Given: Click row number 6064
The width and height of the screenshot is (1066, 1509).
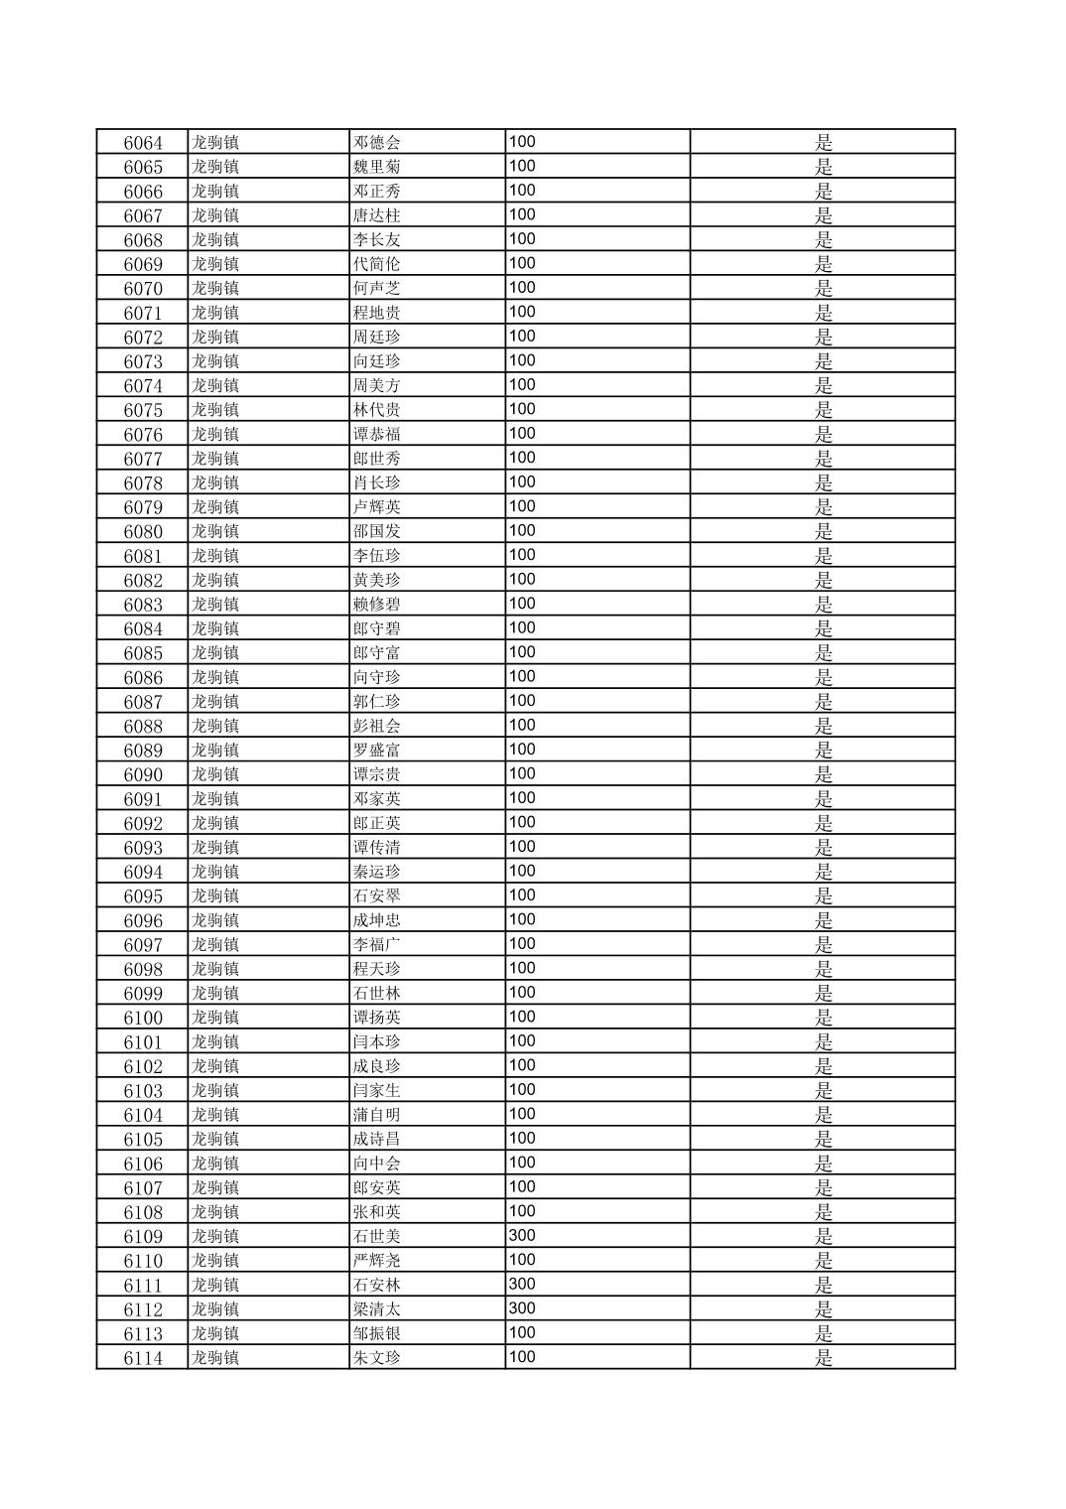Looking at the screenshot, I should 143,143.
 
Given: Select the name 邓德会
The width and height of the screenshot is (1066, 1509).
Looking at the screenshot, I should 377,143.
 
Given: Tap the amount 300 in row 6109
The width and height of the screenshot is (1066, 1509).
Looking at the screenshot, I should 522,1236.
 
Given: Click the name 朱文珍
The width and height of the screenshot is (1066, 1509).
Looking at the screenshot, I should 377,1358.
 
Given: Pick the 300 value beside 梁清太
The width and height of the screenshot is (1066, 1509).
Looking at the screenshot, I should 522,1308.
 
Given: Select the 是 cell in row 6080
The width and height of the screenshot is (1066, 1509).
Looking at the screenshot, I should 824,531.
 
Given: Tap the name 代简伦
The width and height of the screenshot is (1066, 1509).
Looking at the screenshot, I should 377,264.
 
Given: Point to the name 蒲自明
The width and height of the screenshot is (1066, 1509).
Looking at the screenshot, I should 377,1115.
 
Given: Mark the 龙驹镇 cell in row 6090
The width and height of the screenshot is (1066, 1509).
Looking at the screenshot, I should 215,774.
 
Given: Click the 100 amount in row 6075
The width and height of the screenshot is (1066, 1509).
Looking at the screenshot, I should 522,409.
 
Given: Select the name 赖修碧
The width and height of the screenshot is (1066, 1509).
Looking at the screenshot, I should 377,605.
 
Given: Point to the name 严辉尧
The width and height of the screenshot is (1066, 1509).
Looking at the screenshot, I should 377,1261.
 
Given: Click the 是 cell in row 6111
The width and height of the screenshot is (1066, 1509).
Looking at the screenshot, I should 824,1286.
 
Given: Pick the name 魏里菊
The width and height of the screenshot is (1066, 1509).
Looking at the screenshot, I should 377,167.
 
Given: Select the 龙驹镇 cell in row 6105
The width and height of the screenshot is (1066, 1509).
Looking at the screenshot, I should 215,1139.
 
